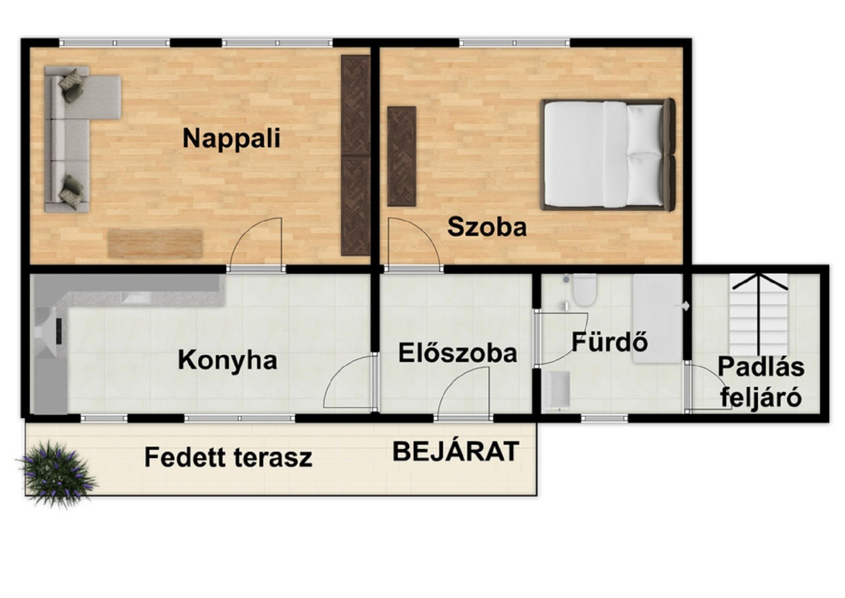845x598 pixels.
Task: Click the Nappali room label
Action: tap(231, 139)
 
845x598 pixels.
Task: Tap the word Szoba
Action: tap(487, 227)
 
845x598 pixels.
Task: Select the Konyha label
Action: tap(228, 361)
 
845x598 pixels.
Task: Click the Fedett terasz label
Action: tap(228, 457)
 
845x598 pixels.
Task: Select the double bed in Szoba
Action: tap(608, 154)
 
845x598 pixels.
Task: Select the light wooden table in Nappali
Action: tap(156, 243)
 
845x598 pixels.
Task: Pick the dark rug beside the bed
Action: tap(401, 157)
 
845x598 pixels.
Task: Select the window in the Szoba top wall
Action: tap(515, 43)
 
